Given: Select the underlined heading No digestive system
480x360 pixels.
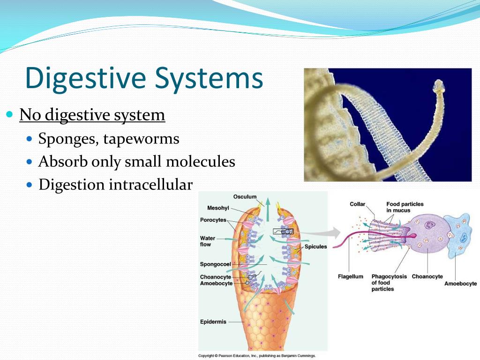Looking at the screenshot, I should click(x=92, y=115).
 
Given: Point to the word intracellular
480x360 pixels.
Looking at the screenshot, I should click(x=150, y=185).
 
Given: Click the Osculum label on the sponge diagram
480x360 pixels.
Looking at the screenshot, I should click(x=245, y=197).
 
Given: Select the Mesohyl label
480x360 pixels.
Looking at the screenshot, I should click(x=218, y=208).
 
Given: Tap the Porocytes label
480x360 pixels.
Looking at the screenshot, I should click(x=213, y=220).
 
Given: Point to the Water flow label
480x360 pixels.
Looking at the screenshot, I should click(x=207, y=241).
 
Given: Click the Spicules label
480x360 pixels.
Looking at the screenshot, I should click(x=315, y=247).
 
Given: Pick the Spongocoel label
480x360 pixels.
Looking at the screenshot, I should click(x=212, y=264).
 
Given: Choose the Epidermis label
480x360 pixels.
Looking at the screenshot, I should click(x=213, y=322).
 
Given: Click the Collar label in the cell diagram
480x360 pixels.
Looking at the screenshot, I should click(x=357, y=204).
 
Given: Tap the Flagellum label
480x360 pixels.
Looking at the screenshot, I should click(x=351, y=277).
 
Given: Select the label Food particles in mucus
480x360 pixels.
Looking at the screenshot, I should click(x=405, y=207).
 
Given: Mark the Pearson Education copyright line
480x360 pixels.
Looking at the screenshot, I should click(x=257, y=356).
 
